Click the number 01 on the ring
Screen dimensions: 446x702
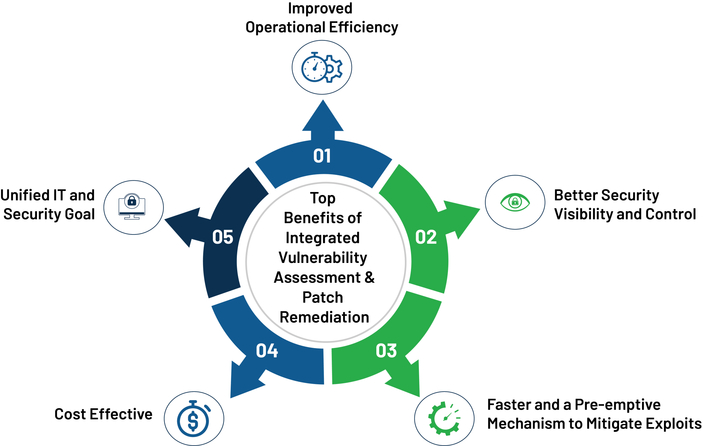322,156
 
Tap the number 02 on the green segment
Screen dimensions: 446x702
426,237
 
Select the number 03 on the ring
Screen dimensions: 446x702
386,351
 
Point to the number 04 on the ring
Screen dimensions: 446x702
267,351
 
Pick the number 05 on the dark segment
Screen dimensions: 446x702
222,237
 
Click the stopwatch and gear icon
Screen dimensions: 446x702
322,67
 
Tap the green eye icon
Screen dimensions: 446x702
515,202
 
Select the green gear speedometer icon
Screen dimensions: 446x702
444,418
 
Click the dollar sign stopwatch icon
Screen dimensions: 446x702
194,418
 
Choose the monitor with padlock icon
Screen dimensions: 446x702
132,207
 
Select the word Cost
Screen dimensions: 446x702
70,414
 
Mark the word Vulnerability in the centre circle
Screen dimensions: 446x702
323,258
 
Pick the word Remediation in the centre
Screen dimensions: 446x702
324,317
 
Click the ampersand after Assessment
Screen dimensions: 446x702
370,277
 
